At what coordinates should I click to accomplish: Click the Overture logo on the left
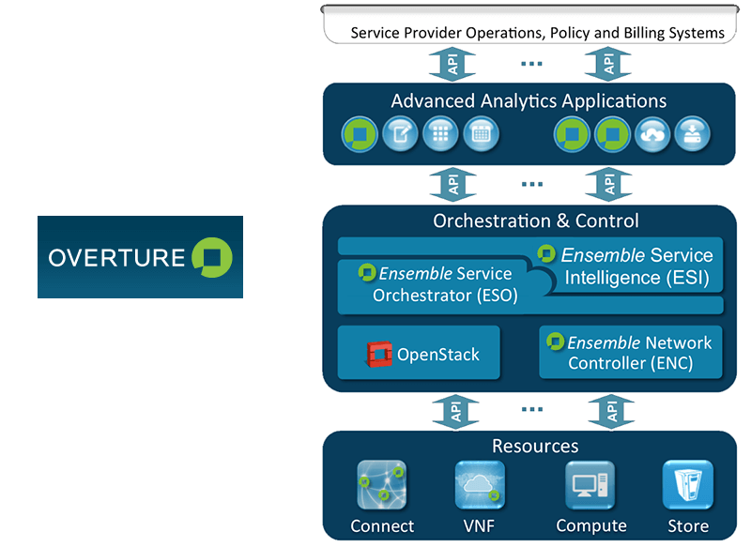pos(140,257)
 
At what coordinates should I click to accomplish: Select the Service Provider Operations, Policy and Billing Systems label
pos(537,33)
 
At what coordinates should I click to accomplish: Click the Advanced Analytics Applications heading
pos(529,101)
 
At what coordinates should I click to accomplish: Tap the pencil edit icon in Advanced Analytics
pos(399,134)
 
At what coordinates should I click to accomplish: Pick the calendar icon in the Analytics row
pos(482,134)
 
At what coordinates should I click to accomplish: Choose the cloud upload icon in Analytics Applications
pos(652,134)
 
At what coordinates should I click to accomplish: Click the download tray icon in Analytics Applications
pos(693,134)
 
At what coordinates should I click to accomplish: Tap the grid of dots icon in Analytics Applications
pos(440,134)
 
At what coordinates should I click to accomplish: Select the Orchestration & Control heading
pos(535,221)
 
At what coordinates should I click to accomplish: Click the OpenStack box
pos(419,354)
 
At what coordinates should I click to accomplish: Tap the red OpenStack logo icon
pos(379,355)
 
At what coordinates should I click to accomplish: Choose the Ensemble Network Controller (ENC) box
pos(630,353)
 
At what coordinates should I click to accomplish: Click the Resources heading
pos(535,447)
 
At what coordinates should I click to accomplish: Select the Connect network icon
pos(381,484)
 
